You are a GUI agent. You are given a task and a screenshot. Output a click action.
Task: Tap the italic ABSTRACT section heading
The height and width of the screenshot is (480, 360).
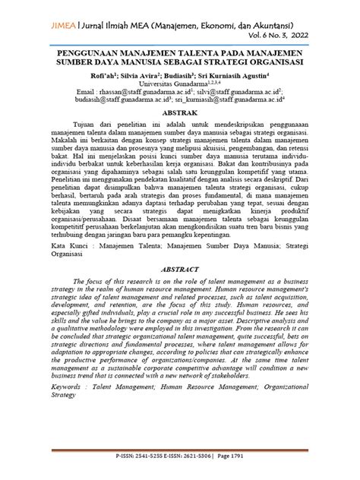179,269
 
